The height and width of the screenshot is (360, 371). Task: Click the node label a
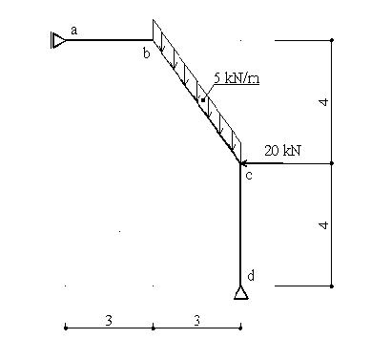pyautogui.click(x=73, y=31)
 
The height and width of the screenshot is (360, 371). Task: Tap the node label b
pyautogui.click(x=146, y=53)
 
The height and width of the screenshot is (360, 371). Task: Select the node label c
pyautogui.click(x=249, y=176)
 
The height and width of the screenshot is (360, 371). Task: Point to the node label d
pyautogui.click(x=251, y=275)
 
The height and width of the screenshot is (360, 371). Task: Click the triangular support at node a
pyautogui.click(x=58, y=40)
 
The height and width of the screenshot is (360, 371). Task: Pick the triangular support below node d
pyautogui.click(x=241, y=293)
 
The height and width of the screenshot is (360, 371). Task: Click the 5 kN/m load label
pyautogui.click(x=237, y=77)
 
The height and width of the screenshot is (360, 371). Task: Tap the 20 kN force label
pyautogui.click(x=282, y=151)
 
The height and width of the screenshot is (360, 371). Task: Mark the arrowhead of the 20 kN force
pyautogui.click(x=243, y=163)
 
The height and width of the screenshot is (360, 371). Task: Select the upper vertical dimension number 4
pyautogui.click(x=323, y=102)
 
